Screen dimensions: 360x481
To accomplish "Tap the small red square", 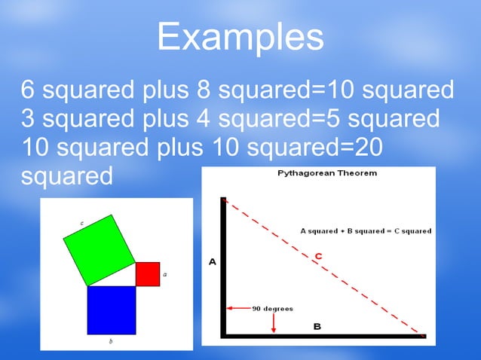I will (x=148, y=274).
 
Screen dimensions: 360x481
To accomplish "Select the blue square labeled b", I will (x=112, y=310).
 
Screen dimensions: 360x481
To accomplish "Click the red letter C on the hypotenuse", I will (x=319, y=257).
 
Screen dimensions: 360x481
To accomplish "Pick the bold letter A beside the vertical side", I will (x=213, y=262).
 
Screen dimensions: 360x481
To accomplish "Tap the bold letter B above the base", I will (x=317, y=326).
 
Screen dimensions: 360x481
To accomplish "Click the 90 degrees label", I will (x=273, y=308).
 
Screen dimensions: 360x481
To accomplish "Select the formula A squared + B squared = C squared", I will (x=366, y=230).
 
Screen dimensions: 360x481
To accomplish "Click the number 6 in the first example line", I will (x=28, y=91).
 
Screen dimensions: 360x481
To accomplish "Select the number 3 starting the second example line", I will (x=28, y=119).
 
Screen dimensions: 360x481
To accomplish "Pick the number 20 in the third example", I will (x=365, y=148).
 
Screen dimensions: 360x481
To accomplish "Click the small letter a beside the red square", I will (x=165, y=274).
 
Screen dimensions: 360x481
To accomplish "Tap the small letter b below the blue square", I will (x=111, y=341).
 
